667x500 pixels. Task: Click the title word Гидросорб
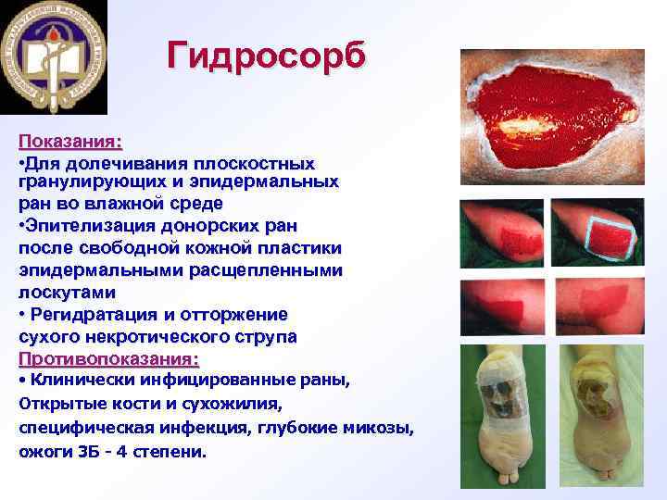coord(267,56)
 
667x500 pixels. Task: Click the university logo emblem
coord(54,56)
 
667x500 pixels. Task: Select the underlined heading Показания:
coord(70,143)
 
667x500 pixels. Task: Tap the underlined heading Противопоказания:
coord(108,357)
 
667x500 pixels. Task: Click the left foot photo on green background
coord(506,417)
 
